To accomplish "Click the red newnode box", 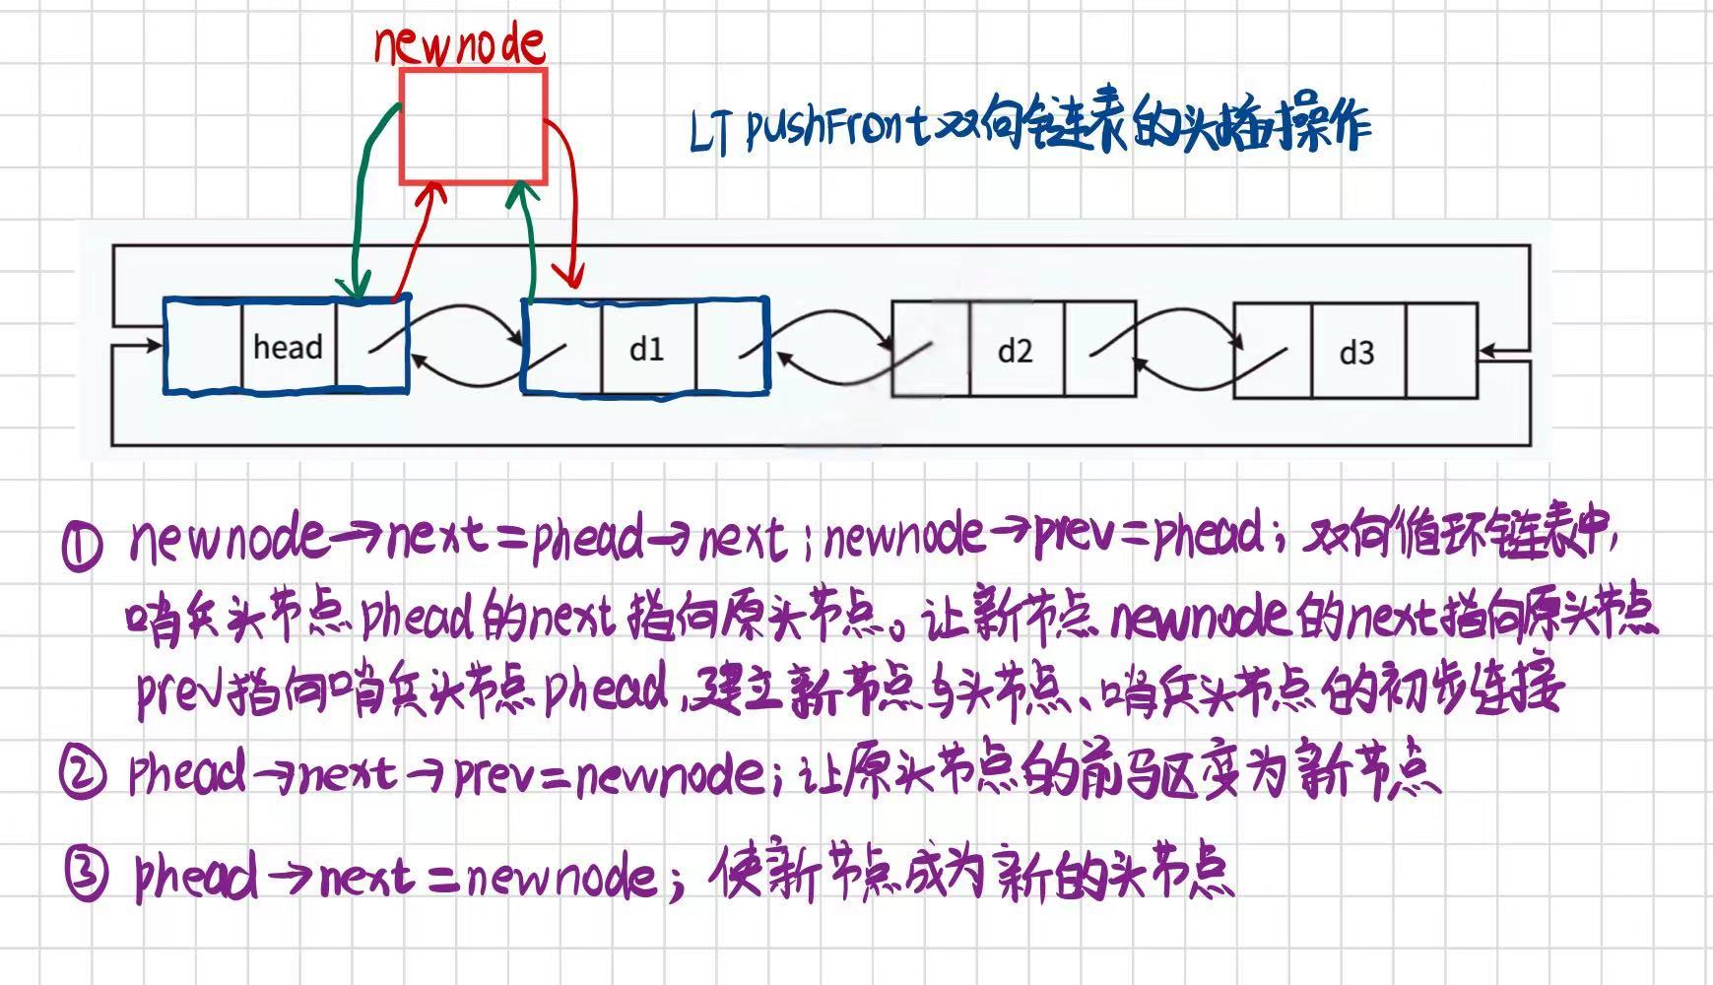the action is tap(473, 126).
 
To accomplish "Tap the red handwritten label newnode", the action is tap(459, 43).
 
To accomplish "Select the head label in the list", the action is tap(288, 347).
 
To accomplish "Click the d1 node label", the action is tap(647, 349).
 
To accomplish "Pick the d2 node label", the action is tap(1015, 351).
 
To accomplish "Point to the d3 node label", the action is tap(1356, 352).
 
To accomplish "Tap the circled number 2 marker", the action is tap(82, 774).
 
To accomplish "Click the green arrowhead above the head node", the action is tap(355, 286).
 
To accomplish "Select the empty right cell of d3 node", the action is tap(1441, 351).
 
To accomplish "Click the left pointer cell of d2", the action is tap(931, 350).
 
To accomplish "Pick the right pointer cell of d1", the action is tap(731, 349).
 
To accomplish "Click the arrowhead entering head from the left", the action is tap(154, 346).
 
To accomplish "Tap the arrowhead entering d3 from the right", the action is tap(1487, 351).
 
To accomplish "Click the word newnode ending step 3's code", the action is tap(561, 877).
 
